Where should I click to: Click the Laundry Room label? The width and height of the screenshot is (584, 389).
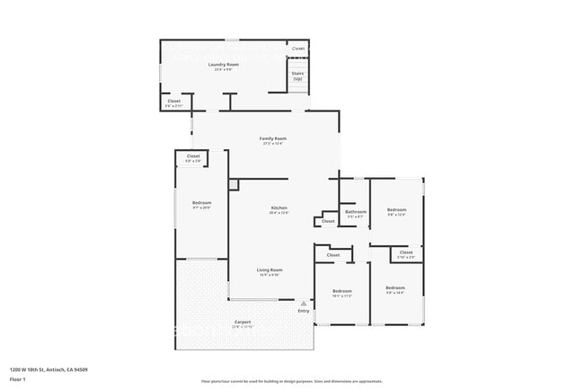223,65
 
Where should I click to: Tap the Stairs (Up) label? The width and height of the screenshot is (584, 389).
297,76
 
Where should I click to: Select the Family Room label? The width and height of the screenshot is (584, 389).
273,138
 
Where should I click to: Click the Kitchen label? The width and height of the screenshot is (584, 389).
279,208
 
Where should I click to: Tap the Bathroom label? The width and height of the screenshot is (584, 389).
356,212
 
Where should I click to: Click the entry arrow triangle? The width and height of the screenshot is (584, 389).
304,305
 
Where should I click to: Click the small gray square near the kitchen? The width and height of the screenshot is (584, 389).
234,184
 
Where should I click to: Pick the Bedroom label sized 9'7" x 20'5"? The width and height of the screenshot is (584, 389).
202,203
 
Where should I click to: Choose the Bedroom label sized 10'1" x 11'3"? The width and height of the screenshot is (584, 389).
342,291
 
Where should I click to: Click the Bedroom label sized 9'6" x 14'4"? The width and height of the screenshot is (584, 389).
395,288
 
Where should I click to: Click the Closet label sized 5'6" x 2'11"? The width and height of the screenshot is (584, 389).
173,102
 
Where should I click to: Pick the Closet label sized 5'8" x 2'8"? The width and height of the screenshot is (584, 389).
193,157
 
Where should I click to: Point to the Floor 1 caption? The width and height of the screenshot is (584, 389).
18,378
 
